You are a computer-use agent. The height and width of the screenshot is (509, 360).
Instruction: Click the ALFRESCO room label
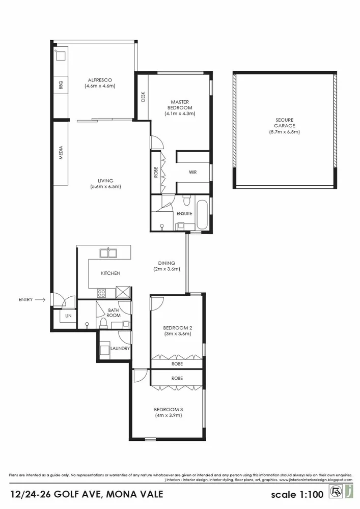coord(100,80)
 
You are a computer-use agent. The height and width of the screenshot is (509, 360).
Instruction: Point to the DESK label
coord(143,97)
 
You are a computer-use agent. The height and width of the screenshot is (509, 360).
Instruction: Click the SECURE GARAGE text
coord(285,123)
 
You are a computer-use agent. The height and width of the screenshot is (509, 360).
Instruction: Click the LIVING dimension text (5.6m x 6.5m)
coord(105,187)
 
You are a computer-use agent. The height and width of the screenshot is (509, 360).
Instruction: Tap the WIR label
coord(192,173)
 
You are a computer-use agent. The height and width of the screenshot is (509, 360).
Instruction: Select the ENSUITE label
coord(184,213)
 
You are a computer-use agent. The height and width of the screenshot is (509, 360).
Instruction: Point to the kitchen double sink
coord(108,252)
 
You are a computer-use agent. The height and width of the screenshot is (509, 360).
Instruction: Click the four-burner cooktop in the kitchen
coord(102,293)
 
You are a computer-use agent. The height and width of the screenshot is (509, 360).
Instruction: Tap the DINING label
coord(167,263)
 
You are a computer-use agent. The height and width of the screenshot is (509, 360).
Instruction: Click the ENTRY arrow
coord(41,300)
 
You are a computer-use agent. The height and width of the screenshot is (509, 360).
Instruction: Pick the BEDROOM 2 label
coord(177,328)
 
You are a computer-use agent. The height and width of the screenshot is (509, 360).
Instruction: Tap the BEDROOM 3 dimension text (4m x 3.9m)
coord(169,416)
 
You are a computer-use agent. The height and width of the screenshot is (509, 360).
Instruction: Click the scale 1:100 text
coord(296,494)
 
